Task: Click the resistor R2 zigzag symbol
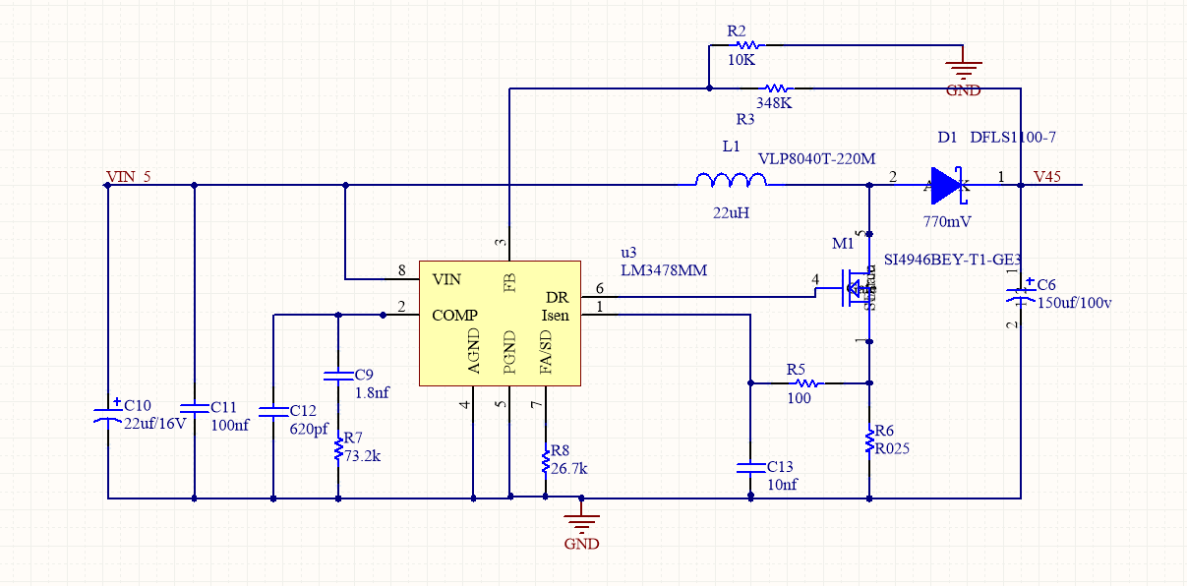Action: click(748, 44)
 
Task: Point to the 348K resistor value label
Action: click(775, 102)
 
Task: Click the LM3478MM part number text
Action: click(664, 269)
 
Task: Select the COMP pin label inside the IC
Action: click(455, 316)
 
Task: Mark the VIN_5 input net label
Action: click(128, 177)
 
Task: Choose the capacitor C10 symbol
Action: click(107, 412)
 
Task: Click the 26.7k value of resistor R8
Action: click(569, 469)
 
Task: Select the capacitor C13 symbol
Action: click(750, 467)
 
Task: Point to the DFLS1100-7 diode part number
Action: click(1013, 139)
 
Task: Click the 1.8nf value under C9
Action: click(372, 392)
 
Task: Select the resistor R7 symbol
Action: click(338, 448)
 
